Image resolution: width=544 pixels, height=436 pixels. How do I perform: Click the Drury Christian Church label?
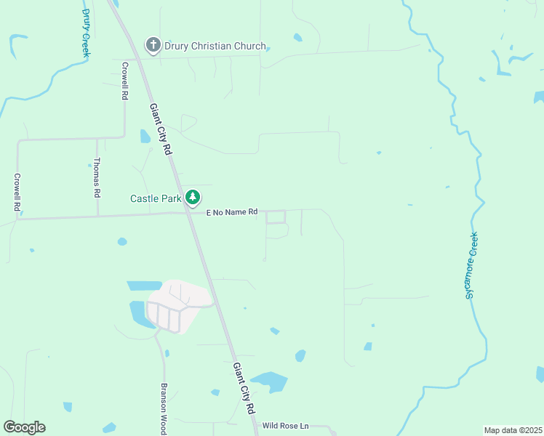coord(215,46)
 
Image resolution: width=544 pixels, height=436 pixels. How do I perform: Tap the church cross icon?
coord(153,46)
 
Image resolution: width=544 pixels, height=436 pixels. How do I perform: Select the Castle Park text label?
coord(155,198)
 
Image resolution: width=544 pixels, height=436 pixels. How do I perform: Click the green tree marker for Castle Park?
coord(192,197)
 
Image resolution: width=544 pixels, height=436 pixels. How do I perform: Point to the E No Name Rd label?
coord(232,212)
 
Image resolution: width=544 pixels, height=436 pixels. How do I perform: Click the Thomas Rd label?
coord(97,178)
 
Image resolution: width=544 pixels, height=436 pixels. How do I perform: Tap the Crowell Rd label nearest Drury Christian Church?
coord(125,80)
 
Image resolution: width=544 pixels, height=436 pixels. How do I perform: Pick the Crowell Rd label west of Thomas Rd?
coord(17,192)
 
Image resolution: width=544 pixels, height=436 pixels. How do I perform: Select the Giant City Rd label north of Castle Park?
coord(161,129)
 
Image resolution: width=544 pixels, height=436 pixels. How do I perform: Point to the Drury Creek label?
coord(86,33)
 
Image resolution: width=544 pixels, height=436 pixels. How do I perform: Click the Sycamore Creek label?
coord(471,265)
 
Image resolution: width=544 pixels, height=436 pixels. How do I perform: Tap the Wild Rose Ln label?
coord(286,426)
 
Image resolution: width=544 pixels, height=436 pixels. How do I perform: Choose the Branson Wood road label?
coord(164,409)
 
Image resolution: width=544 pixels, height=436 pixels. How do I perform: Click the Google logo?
coord(25,427)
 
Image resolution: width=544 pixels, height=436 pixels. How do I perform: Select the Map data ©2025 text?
coord(513,430)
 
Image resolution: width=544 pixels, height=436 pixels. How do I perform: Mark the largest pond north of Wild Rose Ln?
coord(269,381)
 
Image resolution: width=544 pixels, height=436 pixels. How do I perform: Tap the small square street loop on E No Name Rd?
coord(276,217)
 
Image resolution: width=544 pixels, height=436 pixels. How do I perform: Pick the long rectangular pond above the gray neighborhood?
coord(144,286)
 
